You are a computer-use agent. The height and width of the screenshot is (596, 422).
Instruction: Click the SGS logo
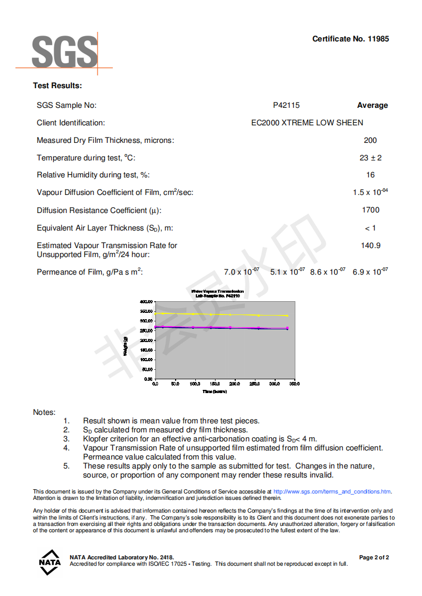pyautogui.click(x=64, y=52)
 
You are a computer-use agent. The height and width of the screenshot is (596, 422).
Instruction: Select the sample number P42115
pyautogui.click(x=286, y=105)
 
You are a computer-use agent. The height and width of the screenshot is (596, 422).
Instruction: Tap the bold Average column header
pyautogui.click(x=372, y=105)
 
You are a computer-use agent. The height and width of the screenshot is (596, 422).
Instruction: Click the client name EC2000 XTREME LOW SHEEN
pyautogui.click(x=307, y=123)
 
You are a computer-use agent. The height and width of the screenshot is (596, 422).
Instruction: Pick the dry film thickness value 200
pyautogui.click(x=370, y=140)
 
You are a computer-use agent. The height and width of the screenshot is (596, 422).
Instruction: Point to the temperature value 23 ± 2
pyautogui.click(x=370, y=158)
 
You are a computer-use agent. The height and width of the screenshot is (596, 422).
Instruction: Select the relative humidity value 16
pyautogui.click(x=370, y=175)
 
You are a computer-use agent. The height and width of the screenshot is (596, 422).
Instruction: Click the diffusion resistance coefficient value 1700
pyautogui.click(x=370, y=210)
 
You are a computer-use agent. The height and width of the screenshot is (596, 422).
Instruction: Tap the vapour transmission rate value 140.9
pyautogui.click(x=370, y=245)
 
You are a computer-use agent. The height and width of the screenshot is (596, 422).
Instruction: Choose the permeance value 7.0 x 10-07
pyautogui.click(x=241, y=271)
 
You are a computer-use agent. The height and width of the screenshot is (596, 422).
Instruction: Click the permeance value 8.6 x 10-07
pyautogui.click(x=327, y=271)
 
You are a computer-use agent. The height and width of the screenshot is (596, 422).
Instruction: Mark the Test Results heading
pyautogui.click(x=57, y=86)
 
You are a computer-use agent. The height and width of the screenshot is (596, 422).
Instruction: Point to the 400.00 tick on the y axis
pyautogui.click(x=146, y=301)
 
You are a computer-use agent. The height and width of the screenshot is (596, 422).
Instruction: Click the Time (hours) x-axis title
pyautogui.click(x=214, y=391)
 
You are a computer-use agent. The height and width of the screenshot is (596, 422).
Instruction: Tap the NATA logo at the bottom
pyautogui.click(x=49, y=562)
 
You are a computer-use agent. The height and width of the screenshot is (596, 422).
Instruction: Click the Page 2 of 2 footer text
pyautogui.click(x=374, y=557)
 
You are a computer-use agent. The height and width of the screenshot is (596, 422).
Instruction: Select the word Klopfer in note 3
pyautogui.click(x=96, y=439)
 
